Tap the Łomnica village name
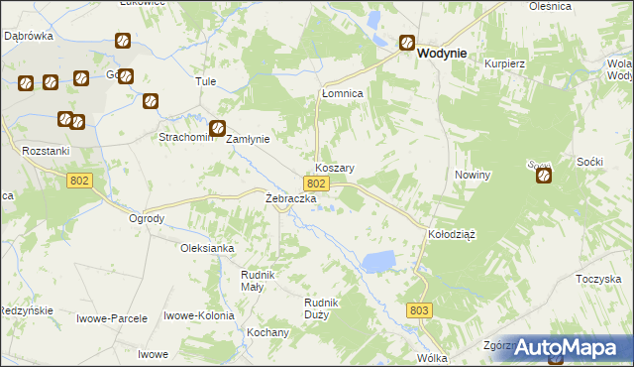click(x=343, y=92)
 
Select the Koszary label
click(x=335, y=169)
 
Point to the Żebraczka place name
click(x=290, y=199)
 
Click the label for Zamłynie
click(x=249, y=140)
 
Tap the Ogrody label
click(x=147, y=218)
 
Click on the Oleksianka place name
click(x=206, y=248)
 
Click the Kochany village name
click(x=268, y=332)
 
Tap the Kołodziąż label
click(x=452, y=235)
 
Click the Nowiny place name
click(x=473, y=175)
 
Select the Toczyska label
click(x=597, y=280)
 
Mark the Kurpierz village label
click(x=503, y=62)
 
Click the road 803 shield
click(x=419, y=310)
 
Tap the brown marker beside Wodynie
click(x=407, y=43)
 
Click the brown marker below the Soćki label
click(x=545, y=177)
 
